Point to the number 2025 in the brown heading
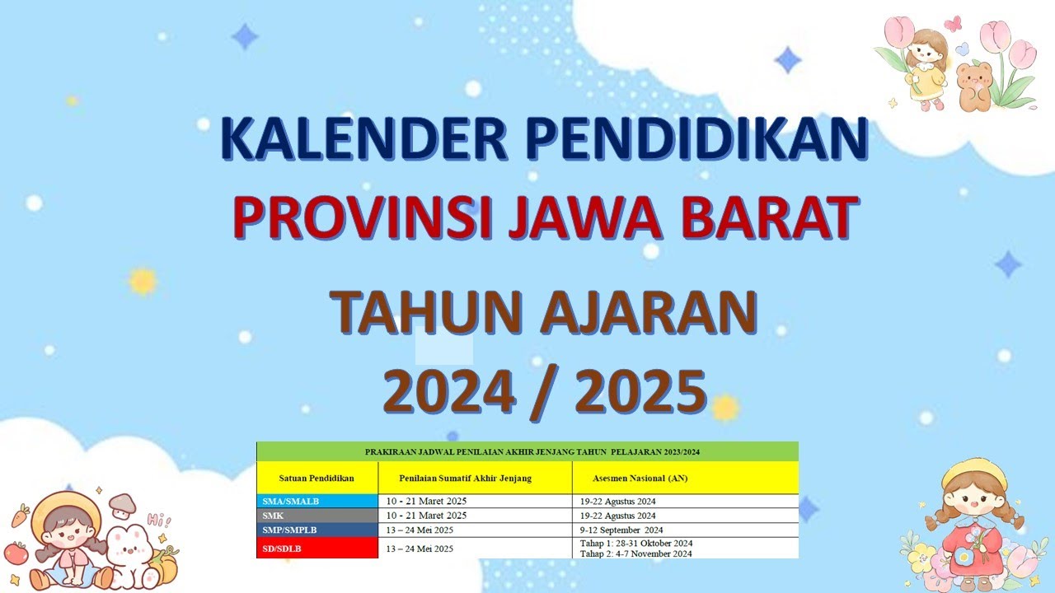641,390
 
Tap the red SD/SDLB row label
281,548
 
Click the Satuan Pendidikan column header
316,478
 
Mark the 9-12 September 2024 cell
621,530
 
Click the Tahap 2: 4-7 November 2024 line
636,553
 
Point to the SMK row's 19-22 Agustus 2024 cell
617,516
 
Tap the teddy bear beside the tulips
975,86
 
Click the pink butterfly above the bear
953,24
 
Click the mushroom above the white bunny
122,502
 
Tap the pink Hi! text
159,520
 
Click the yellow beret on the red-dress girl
973,474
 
